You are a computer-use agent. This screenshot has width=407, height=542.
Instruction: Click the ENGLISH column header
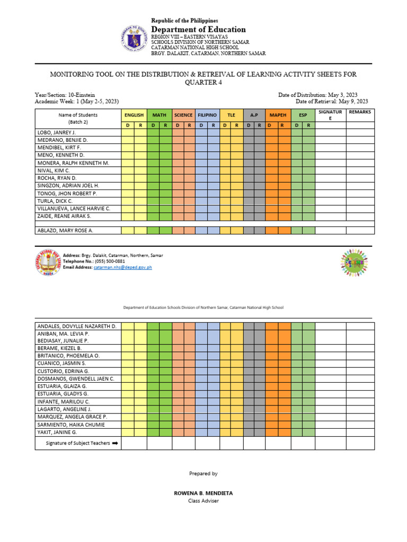click(134, 115)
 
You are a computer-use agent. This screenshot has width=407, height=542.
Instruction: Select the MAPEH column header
click(278, 115)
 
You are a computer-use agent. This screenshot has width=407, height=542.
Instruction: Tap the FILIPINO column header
click(207, 115)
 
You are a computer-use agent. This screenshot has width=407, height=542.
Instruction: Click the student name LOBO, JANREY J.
click(56, 132)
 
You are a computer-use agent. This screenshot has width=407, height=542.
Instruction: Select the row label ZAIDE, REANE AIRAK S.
click(64, 216)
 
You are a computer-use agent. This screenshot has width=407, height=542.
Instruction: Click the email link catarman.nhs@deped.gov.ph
click(123, 268)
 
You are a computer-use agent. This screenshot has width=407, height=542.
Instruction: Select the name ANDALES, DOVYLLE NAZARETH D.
click(76, 326)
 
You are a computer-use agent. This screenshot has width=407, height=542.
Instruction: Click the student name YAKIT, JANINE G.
click(57, 432)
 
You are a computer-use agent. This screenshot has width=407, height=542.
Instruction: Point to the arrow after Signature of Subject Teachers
click(114, 444)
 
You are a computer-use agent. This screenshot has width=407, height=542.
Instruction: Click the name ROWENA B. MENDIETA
click(203, 493)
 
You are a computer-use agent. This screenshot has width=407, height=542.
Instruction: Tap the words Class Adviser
click(203, 501)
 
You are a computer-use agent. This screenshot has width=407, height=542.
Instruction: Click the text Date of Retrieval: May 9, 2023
click(332, 101)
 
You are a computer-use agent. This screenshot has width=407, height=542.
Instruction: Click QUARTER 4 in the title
click(203, 83)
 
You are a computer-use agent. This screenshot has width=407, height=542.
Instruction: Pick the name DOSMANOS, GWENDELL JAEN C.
click(75, 379)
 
